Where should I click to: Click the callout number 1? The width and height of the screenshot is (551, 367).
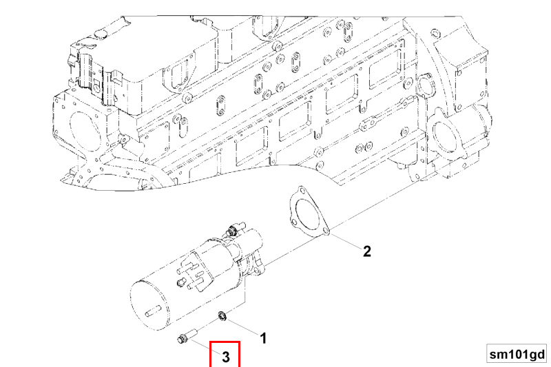[x=263, y=339]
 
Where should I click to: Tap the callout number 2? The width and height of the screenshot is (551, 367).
[x=366, y=251]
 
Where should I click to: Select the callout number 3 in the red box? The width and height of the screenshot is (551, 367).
[x=226, y=357]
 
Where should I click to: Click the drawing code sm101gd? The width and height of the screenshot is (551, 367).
[x=517, y=354]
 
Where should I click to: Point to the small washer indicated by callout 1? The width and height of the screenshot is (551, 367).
[x=222, y=316]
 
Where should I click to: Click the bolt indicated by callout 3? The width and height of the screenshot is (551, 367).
[x=187, y=335]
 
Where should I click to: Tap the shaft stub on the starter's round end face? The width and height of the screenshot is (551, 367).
[x=154, y=310]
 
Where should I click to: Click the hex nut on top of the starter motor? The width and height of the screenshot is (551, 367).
[x=231, y=230]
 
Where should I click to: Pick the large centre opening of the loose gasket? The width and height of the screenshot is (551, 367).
[x=306, y=213]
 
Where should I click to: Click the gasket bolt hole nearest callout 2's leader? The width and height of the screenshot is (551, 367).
[x=326, y=231]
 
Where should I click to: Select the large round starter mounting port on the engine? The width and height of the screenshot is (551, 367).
[x=446, y=137]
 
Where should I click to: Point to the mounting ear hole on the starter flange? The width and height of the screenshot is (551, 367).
[x=260, y=271]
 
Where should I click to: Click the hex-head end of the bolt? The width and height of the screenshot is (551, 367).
[x=181, y=339]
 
